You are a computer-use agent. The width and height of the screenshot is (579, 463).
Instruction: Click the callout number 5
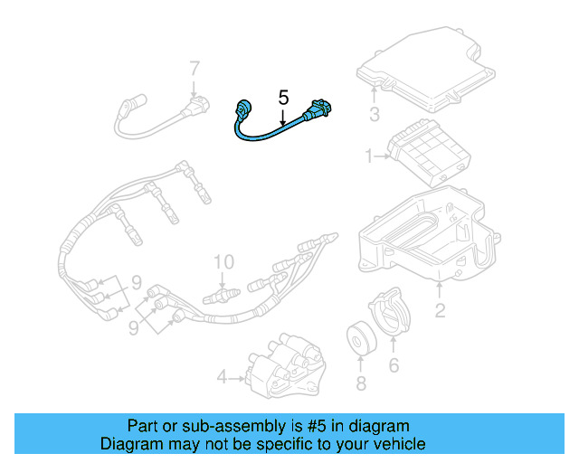(x=283, y=97)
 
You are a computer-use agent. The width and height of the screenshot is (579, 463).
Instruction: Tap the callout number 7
(x=194, y=69)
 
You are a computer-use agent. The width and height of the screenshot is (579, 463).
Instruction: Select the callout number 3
(x=374, y=113)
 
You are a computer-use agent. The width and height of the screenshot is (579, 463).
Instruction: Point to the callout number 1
(x=369, y=156)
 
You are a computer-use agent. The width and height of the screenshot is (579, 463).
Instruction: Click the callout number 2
(x=441, y=312)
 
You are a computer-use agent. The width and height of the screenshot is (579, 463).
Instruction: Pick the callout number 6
(x=394, y=364)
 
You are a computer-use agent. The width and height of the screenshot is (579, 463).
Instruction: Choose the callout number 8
(x=361, y=384)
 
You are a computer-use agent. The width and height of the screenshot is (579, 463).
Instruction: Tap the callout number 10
(x=223, y=262)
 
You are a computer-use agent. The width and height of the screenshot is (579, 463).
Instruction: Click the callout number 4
(x=222, y=375)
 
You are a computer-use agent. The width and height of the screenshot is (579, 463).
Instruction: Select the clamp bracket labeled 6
(x=390, y=312)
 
